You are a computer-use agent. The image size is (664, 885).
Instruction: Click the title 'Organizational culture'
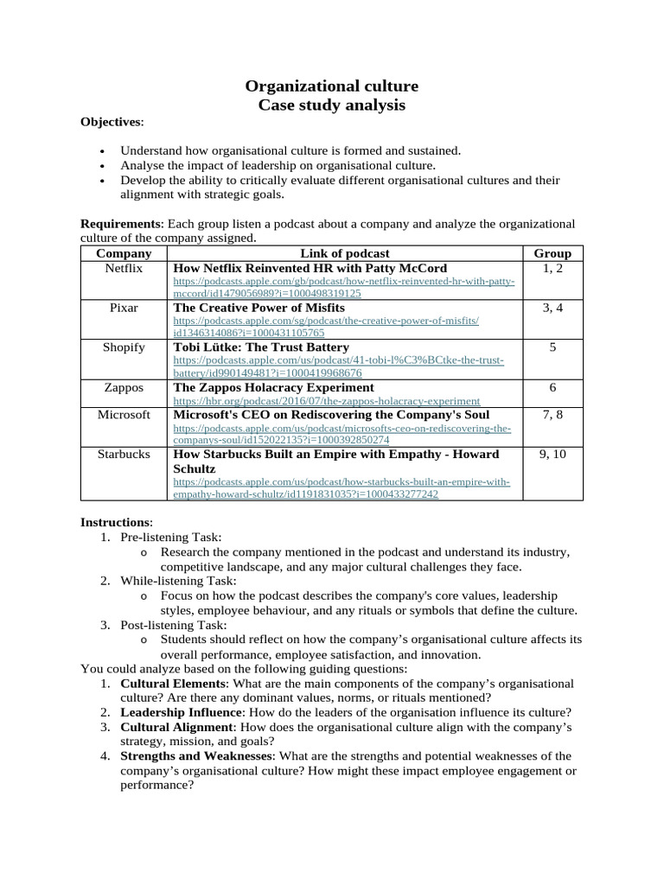click(332, 86)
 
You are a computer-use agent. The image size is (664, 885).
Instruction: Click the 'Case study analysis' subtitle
click(332, 105)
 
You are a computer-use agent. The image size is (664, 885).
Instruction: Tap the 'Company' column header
click(124, 253)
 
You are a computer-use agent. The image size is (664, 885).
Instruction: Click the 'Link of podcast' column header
click(344, 253)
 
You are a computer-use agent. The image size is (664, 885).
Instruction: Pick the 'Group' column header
click(552, 253)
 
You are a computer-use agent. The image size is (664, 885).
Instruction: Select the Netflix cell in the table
click(124, 269)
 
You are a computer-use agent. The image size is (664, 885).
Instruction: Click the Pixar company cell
click(124, 308)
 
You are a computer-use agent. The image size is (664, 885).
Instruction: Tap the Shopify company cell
click(124, 347)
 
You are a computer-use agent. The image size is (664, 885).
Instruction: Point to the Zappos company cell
click(124, 388)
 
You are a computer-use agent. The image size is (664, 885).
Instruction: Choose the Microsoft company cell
click(124, 415)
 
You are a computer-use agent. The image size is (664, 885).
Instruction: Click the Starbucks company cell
click(124, 454)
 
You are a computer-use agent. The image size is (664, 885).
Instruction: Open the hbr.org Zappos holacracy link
click(326, 401)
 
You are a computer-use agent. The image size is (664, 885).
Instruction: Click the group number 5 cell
click(552, 347)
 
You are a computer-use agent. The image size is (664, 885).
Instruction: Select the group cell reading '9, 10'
click(552, 454)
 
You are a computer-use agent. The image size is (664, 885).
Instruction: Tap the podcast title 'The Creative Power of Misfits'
click(259, 308)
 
